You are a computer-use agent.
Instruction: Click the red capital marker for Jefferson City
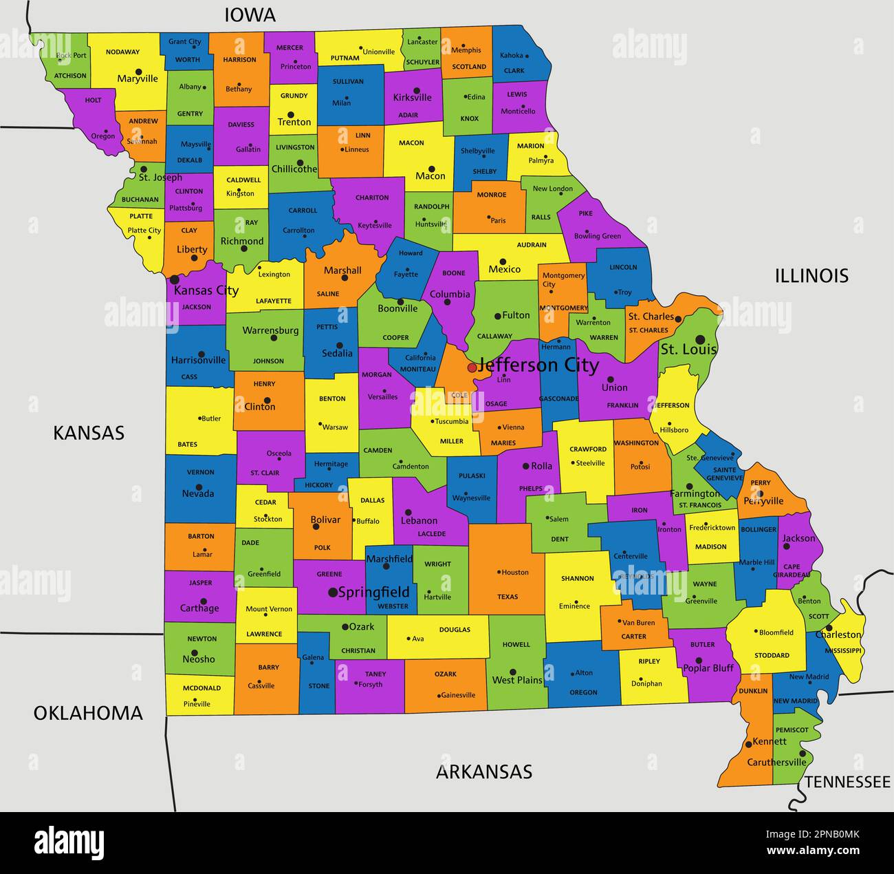click(472, 367)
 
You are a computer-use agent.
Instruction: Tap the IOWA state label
click(250, 14)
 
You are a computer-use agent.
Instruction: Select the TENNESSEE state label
click(847, 782)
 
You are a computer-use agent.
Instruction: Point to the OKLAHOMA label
click(88, 713)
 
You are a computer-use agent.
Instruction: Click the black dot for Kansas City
click(175, 279)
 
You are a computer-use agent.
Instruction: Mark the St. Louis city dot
click(700, 339)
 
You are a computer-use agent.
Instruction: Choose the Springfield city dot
click(333, 592)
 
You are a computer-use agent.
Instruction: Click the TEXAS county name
click(508, 597)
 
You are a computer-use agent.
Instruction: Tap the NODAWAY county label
click(123, 52)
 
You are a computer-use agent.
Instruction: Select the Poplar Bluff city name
click(708, 668)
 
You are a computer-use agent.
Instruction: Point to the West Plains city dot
click(513, 672)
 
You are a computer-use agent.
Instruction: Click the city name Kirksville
click(413, 98)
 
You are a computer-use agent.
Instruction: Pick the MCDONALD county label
click(202, 688)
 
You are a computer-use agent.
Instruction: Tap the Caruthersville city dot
click(802, 754)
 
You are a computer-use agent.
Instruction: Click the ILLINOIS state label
click(811, 276)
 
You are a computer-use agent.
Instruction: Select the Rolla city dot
click(525, 466)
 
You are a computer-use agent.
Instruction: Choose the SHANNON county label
click(577, 579)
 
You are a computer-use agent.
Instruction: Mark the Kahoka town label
click(511, 55)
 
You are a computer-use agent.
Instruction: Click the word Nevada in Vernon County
click(198, 493)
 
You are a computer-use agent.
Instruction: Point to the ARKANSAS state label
click(484, 771)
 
